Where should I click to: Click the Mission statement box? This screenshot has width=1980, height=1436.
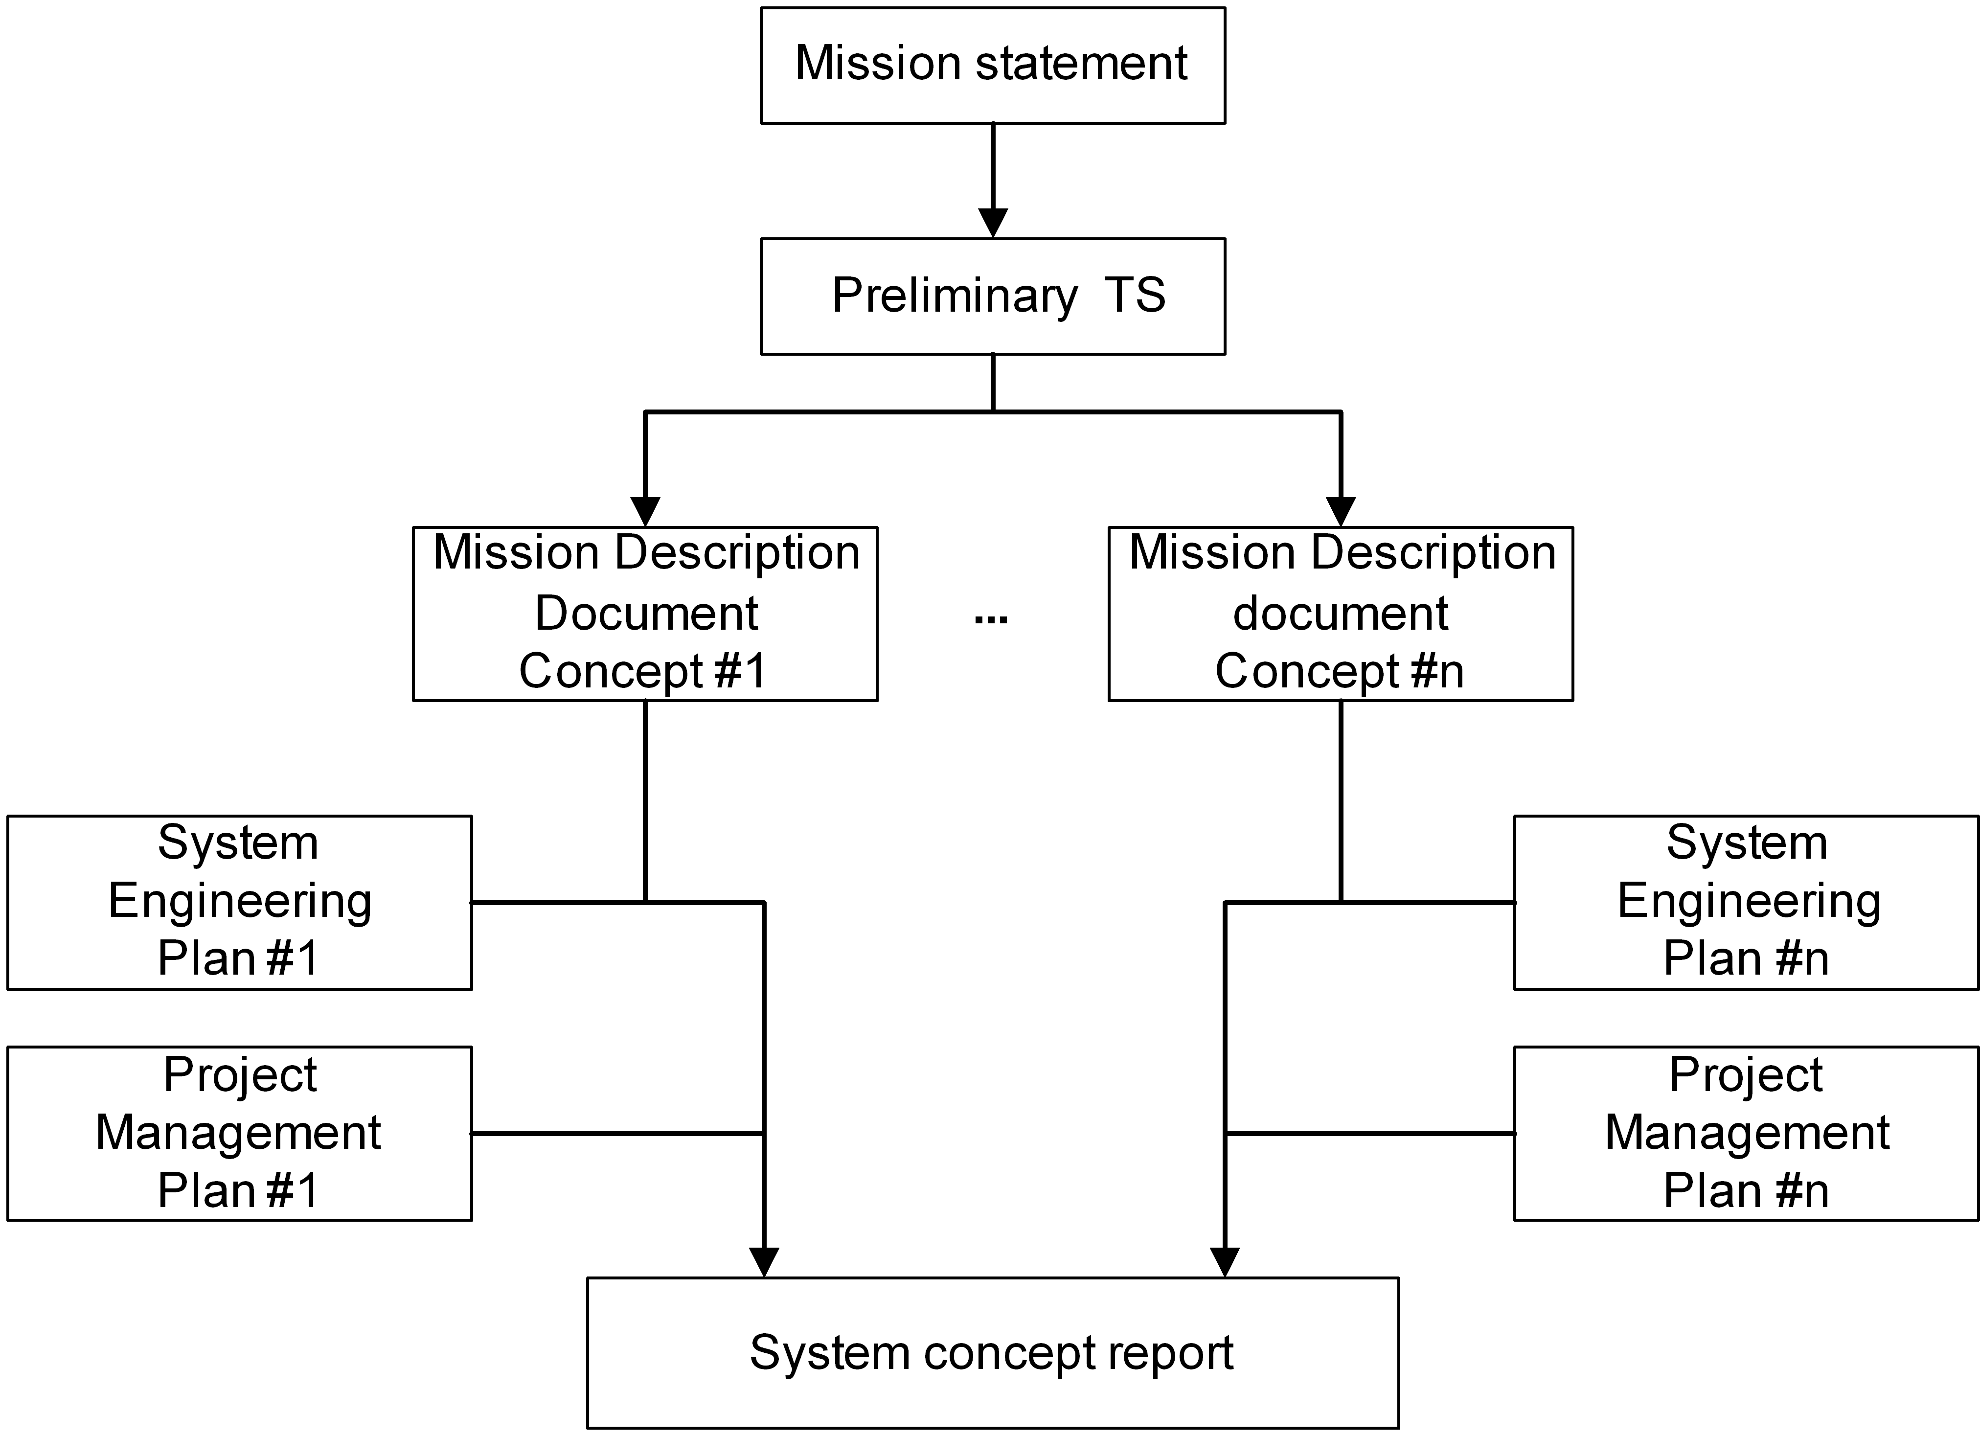993,66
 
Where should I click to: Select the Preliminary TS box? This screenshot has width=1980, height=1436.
993,296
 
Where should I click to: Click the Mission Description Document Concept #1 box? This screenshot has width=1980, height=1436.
645,613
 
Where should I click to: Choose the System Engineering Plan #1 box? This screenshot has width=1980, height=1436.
239,902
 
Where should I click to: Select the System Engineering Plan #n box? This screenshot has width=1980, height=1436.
1746,902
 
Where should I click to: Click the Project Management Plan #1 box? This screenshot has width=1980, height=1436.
239,1133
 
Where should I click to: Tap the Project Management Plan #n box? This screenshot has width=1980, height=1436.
1746,1133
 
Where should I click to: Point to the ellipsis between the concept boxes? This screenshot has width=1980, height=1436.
991,620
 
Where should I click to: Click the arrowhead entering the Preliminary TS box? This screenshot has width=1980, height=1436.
993,223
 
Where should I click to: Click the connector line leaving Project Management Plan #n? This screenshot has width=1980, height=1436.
1370,1133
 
